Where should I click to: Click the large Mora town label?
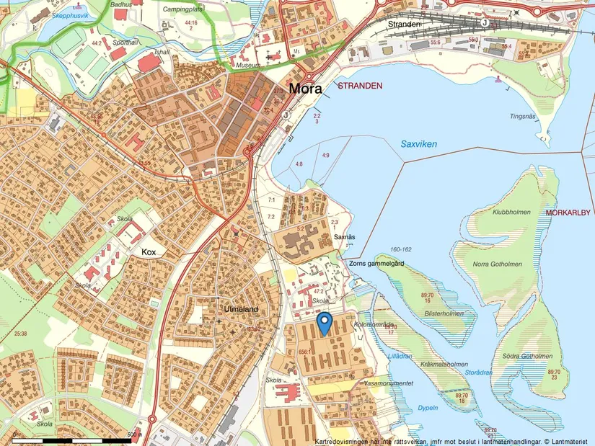pyautogui.click(x=309, y=89)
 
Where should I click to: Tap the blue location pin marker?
pyautogui.click(x=325, y=322)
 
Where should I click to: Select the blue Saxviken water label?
pyautogui.click(x=419, y=144)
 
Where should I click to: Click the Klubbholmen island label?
pyautogui.click(x=511, y=213)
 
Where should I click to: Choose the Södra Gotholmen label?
pyautogui.click(x=529, y=356)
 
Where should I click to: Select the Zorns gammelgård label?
pyautogui.click(x=376, y=264)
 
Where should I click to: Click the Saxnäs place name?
pyautogui.click(x=345, y=237)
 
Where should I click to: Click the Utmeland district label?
pyautogui.click(x=240, y=310)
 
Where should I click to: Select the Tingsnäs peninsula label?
pyautogui.click(x=523, y=115)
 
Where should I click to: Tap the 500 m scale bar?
pyautogui.click(x=72, y=438)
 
